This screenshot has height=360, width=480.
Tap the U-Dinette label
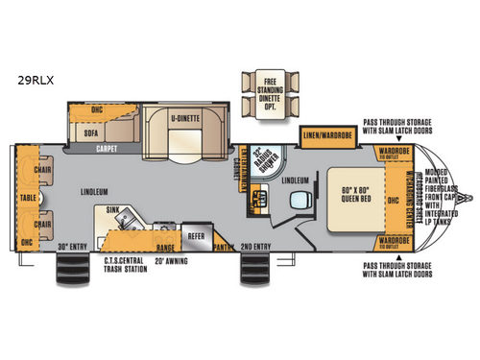pos(184,118)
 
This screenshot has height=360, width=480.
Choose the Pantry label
pos(225,246)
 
